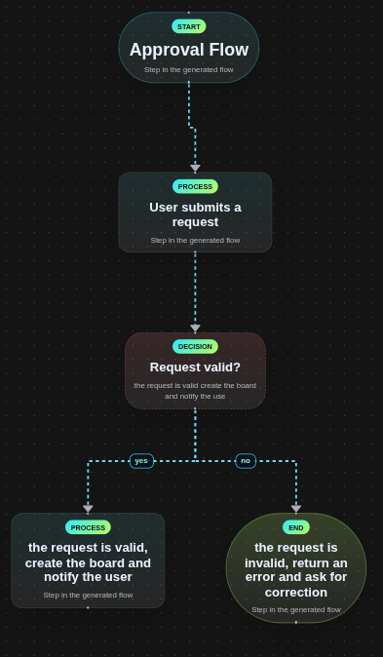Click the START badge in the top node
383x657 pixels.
189,26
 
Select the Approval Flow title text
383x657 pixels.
189,50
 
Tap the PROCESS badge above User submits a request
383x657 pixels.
195,186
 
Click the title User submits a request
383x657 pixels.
195,214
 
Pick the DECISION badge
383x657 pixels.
195,346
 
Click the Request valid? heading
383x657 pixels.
195,367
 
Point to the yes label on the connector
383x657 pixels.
141,461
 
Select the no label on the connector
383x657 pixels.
246,461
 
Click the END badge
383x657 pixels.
296,527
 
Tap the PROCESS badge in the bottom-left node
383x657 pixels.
88,527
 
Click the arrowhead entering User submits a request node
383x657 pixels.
195,169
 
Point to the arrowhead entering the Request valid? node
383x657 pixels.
195,328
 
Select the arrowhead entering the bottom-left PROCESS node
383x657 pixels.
88,509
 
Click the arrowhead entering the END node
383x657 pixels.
296,509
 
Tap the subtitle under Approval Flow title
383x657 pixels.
189,69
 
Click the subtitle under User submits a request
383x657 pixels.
195,240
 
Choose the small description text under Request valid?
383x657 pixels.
195,391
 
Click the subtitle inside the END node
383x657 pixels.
296,609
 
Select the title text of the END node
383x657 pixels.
296,569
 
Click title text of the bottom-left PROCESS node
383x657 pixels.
88,562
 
